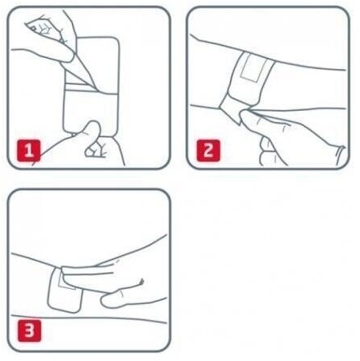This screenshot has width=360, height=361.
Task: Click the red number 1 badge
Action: [x=29, y=151]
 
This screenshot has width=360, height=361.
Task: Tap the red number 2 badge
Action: [x=208, y=151]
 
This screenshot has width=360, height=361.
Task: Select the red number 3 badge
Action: [x=29, y=331]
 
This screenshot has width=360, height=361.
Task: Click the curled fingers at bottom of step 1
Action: [x=95, y=150]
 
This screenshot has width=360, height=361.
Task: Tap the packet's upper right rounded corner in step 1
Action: [x=115, y=41]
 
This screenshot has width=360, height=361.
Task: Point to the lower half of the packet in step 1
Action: [x=91, y=110]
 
